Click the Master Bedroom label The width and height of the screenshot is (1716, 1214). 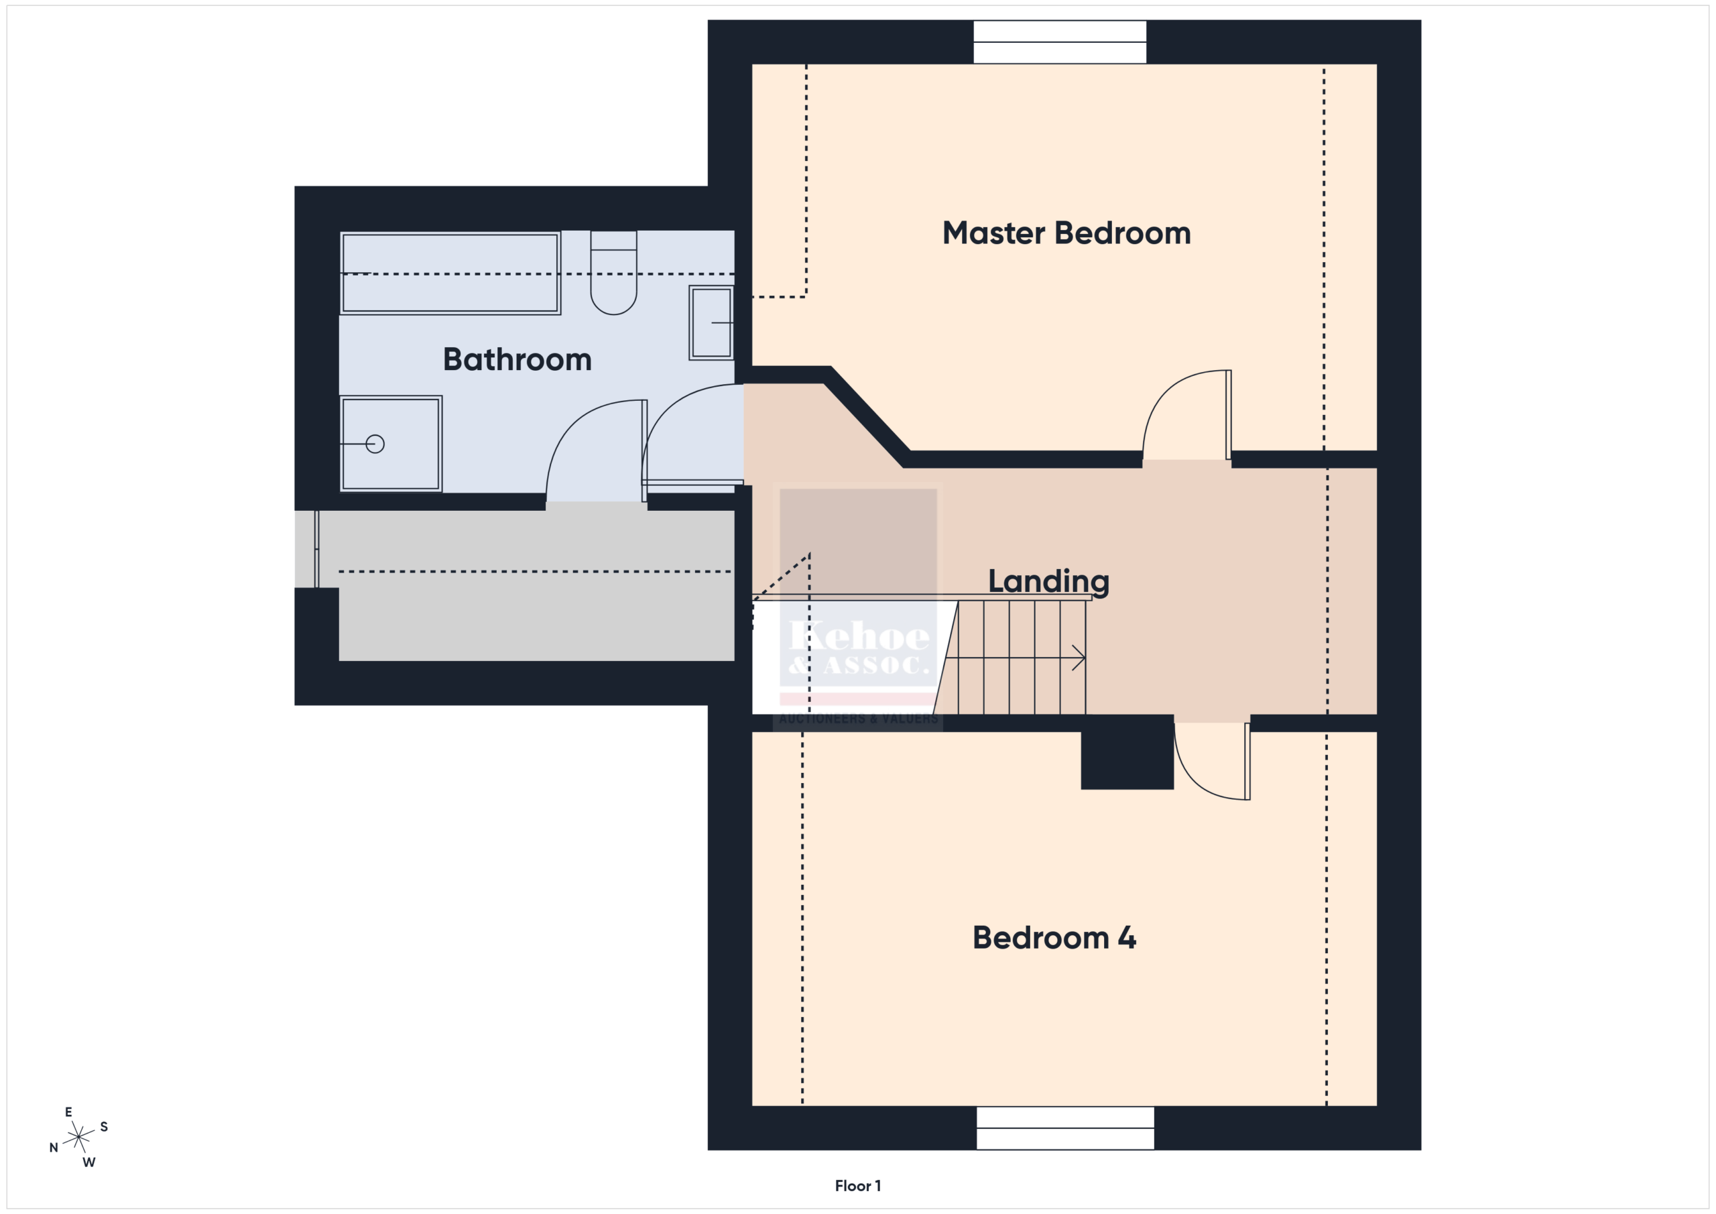pyautogui.click(x=1066, y=233)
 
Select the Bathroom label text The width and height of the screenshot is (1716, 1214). pyautogui.click(x=517, y=359)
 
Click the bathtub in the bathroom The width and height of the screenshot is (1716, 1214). pyautogui.click(x=450, y=273)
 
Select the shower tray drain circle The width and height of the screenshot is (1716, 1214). pyautogui.click(x=375, y=444)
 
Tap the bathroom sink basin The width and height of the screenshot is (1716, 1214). pyautogui.click(x=711, y=323)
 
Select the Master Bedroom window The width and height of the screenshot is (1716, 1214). pyautogui.click(x=1059, y=42)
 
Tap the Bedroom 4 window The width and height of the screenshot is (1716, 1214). pyautogui.click(x=1065, y=1128)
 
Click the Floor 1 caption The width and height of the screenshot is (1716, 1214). pyautogui.click(x=857, y=1186)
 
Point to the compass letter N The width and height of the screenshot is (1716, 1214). pyautogui.click(x=53, y=1148)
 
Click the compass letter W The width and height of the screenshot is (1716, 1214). pyautogui.click(x=89, y=1162)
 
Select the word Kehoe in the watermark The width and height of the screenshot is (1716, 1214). pyautogui.click(x=859, y=636)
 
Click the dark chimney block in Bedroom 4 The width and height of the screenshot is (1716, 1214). pyautogui.click(x=1126, y=752)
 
